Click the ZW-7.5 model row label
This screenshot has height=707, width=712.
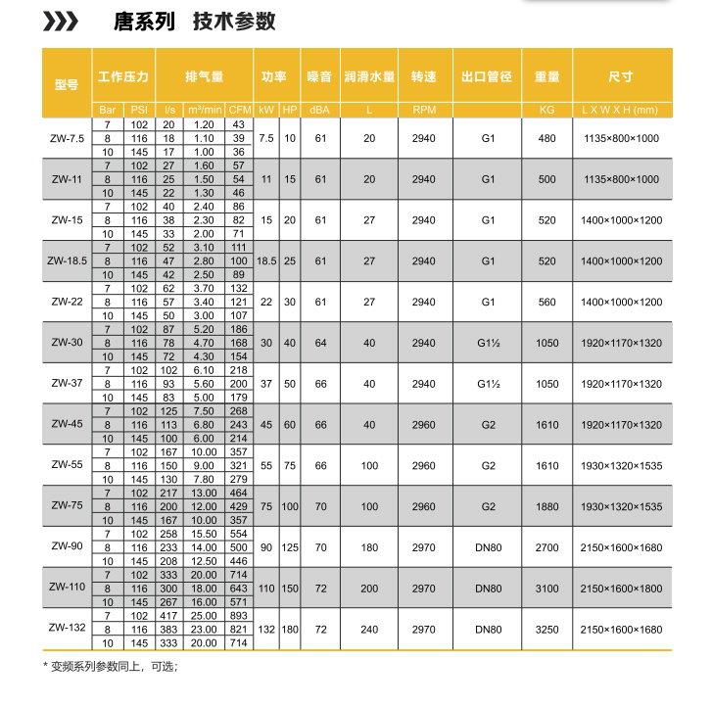[x=68, y=138]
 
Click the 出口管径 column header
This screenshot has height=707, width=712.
[x=488, y=76]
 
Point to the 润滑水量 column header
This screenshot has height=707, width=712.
[x=369, y=76]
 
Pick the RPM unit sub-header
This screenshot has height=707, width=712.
[x=423, y=110]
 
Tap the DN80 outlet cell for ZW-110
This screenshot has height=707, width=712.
[x=488, y=588]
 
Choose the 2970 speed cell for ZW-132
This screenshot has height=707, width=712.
[x=423, y=629]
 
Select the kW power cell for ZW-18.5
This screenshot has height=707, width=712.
[x=266, y=261]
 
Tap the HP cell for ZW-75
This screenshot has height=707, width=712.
[x=290, y=505]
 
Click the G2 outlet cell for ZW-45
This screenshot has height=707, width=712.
[x=488, y=426]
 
